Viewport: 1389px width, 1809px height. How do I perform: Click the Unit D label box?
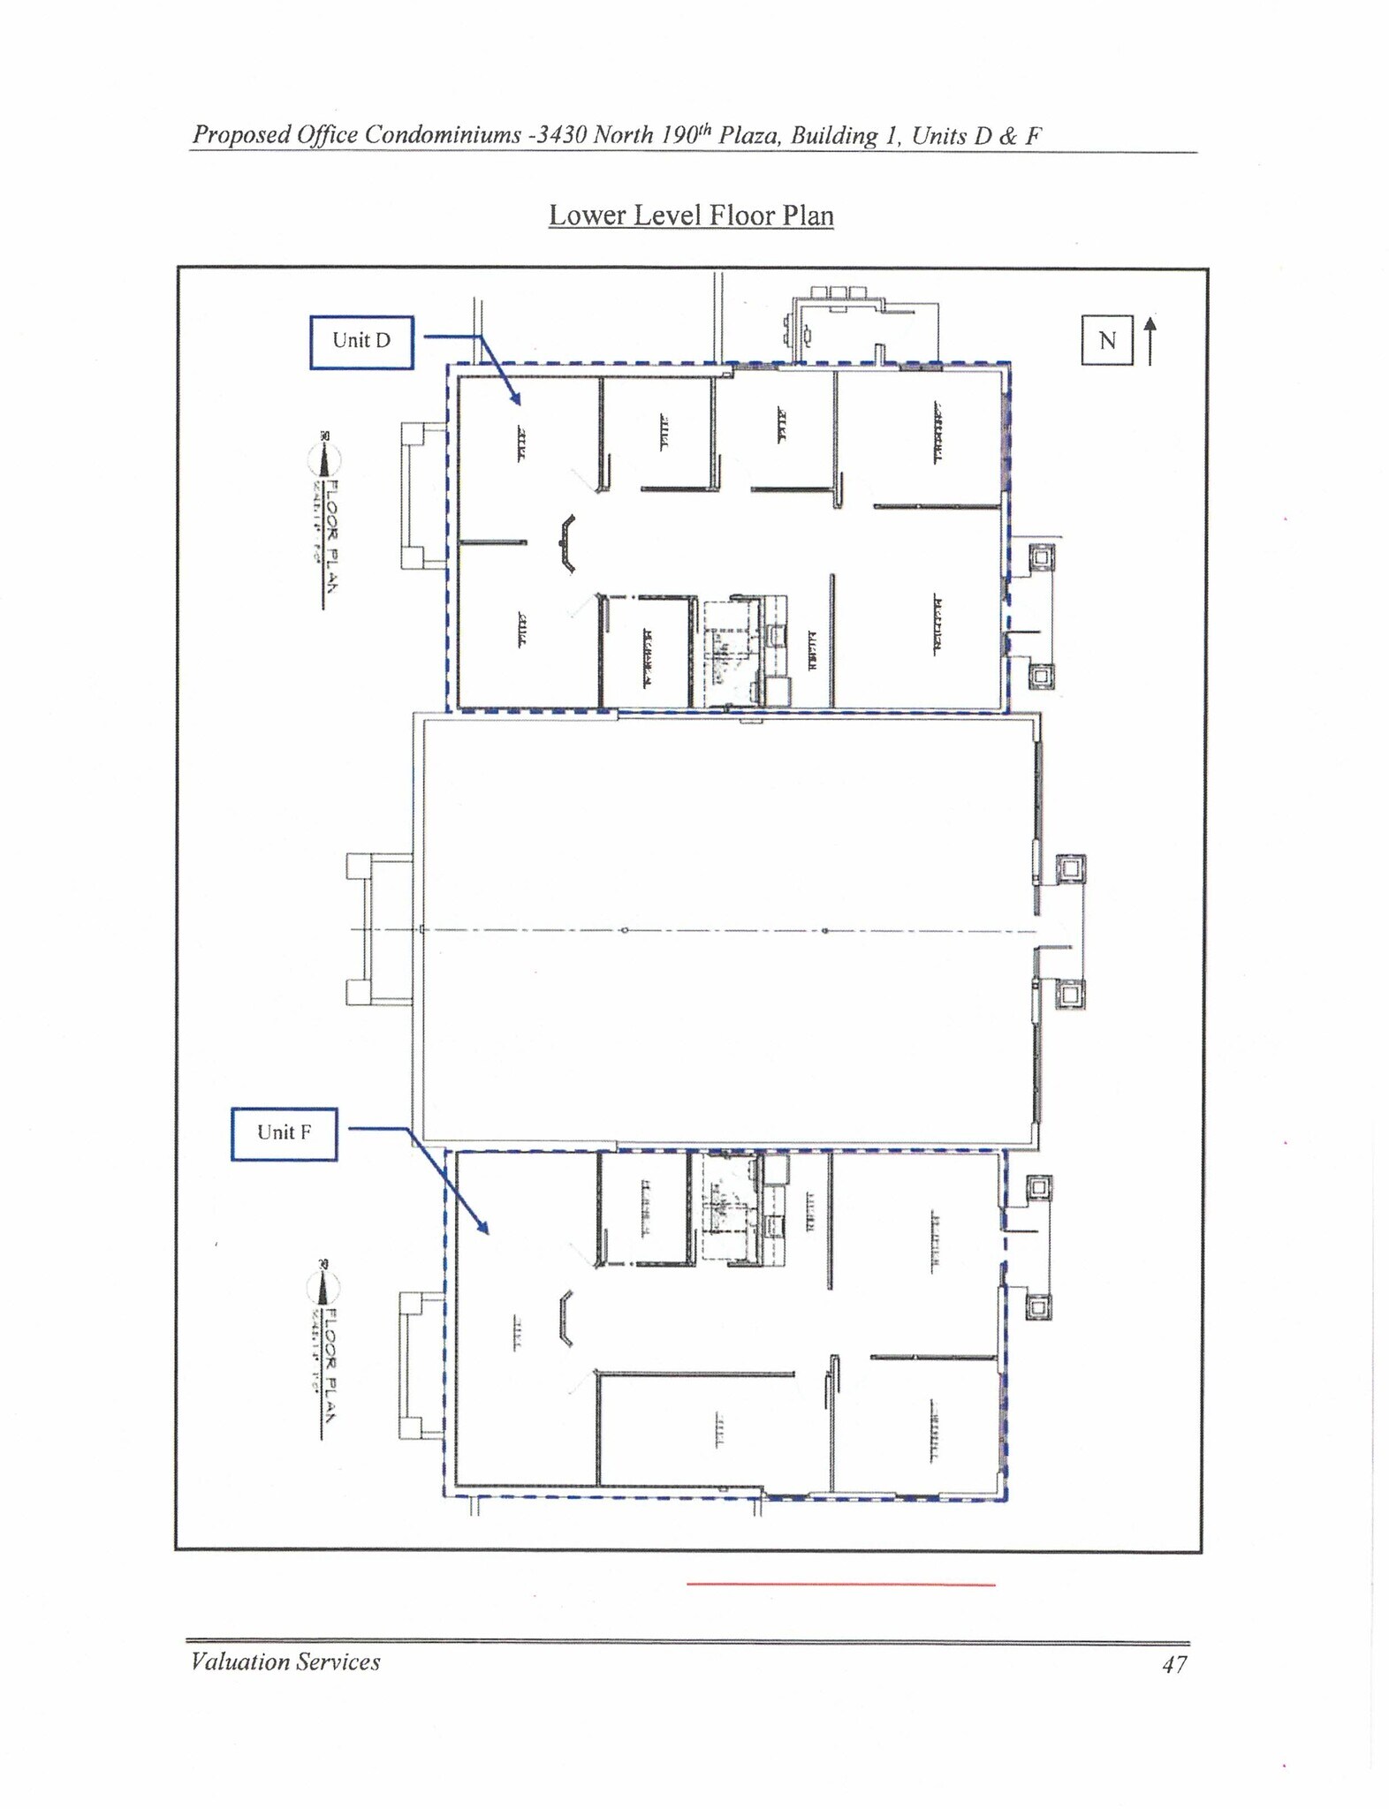(x=361, y=341)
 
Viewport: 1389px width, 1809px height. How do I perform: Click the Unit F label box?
(x=284, y=1132)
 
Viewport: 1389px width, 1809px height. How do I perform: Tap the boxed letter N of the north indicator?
(x=1107, y=340)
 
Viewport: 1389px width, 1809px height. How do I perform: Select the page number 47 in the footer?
(x=1174, y=1664)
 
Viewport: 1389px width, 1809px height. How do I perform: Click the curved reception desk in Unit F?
(x=565, y=1318)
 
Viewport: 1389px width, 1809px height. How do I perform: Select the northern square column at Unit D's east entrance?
(x=1041, y=557)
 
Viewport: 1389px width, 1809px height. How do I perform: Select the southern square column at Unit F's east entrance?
(x=1038, y=1306)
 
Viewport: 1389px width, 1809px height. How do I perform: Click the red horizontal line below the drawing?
(x=840, y=1585)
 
